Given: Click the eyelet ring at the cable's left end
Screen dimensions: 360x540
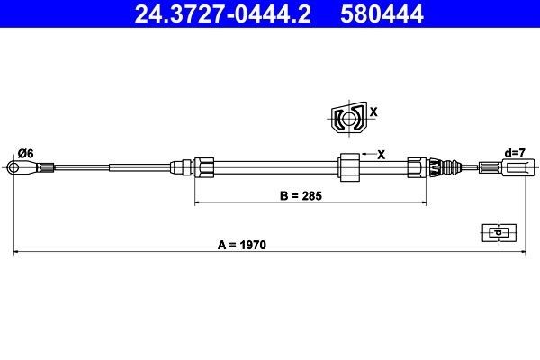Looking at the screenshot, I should (x=13, y=166).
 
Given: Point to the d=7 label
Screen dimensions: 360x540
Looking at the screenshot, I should (x=516, y=153).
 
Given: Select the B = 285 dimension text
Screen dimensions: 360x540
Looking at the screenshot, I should (x=301, y=195).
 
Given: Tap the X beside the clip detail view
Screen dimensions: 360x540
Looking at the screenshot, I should (x=374, y=112).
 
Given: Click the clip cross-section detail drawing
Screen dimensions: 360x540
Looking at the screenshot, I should (x=346, y=118).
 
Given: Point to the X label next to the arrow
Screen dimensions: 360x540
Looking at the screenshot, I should (x=381, y=154).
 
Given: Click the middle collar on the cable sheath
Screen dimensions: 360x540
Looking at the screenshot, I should (x=348, y=166).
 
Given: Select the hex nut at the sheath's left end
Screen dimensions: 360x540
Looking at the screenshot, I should (x=204, y=166).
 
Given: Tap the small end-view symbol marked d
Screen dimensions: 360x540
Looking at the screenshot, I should (x=497, y=232).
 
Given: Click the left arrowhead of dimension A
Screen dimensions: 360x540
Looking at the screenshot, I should (x=16, y=253).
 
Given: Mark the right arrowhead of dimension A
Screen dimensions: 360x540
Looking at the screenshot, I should (x=523, y=253).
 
